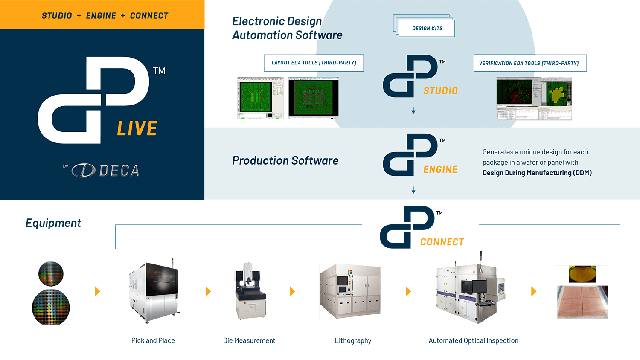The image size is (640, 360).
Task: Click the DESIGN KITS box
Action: pos(427,28)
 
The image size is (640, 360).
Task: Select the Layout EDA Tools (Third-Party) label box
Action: pos(314,63)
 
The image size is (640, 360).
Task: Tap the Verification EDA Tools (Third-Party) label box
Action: pos(529,63)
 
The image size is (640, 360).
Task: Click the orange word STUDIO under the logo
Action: pos(440,91)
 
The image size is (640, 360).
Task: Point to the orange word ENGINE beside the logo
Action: pos(440,170)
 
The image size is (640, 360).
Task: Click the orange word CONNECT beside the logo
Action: pos(442,242)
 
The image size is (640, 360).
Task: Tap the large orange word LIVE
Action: pos(137,129)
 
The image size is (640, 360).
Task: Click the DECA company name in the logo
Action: pos(119,171)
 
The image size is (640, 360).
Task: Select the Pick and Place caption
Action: pos(153,340)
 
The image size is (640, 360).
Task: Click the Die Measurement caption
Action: pos(249,340)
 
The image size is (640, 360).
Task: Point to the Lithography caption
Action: pos(353,340)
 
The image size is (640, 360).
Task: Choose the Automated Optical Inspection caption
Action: pos(473,340)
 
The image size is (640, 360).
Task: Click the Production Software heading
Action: pos(285,161)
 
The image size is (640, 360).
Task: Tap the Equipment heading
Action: pos(53,223)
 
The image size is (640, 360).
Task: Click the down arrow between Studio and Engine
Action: pos(413,111)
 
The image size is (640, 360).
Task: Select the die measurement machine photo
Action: pos(250,291)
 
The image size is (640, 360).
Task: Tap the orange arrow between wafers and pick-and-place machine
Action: pos(97,291)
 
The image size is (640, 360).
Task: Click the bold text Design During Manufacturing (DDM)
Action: pos(537,173)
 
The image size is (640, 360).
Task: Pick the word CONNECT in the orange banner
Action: pos(149,16)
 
